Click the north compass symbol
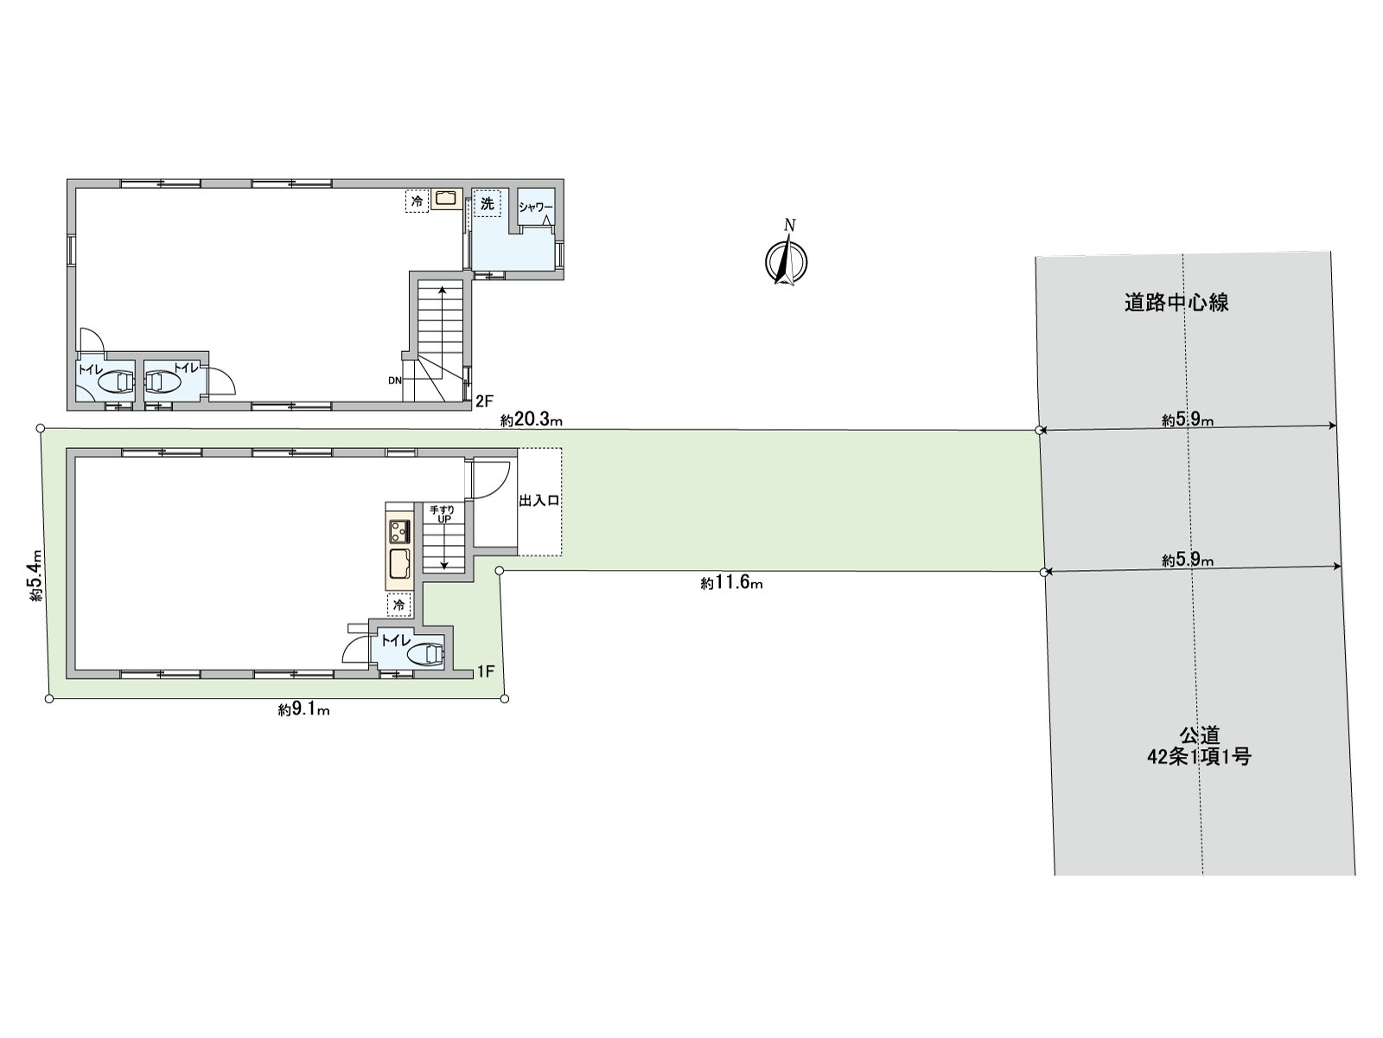pyautogui.click(x=786, y=259)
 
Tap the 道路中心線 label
pyautogui.click(x=1176, y=303)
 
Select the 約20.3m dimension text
pyautogui.click(x=531, y=420)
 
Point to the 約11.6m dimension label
pyautogui.click(x=731, y=583)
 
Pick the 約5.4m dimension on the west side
pyautogui.click(x=35, y=574)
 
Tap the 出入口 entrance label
pyautogui.click(x=539, y=501)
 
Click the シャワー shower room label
pyautogui.click(x=536, y=208)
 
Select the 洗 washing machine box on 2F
pyautogui.click(x=487, y=203)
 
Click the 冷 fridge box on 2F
pyautogui.click(x=417, y=202)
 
